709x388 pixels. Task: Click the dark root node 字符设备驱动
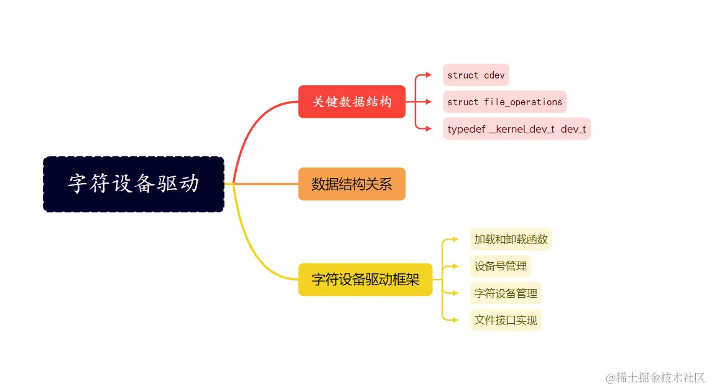click(133, 184)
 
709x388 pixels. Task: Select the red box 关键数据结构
click(351, 102)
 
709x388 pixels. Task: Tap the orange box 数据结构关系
click(351, 184)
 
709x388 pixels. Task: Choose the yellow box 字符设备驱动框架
click(365, 280)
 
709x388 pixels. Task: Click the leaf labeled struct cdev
click(476, 75)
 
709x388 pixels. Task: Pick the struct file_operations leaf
click(504, 102)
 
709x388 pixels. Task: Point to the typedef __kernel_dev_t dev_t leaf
click(516, 129)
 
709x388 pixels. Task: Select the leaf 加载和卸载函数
click(511, 239)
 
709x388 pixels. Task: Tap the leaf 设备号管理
click(500, 267)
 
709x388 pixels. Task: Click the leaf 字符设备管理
click(505, 293)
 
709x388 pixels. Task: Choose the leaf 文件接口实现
click(505, 320)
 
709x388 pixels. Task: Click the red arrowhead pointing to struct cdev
click(429, 75)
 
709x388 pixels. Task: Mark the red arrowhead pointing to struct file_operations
click(429, 102)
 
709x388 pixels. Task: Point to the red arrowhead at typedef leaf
click(429, 129)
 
